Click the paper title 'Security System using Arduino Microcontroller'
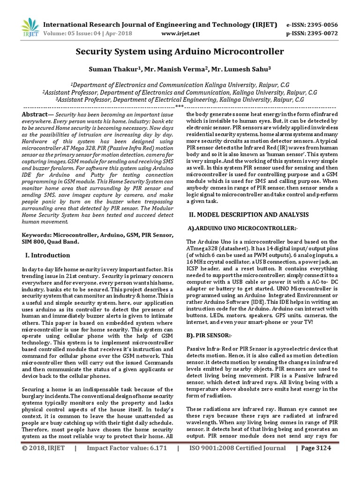click(180, 51)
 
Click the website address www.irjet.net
click(180, 33)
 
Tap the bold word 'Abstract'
click(36, 114)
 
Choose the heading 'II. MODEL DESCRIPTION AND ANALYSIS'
click(248, 214)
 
